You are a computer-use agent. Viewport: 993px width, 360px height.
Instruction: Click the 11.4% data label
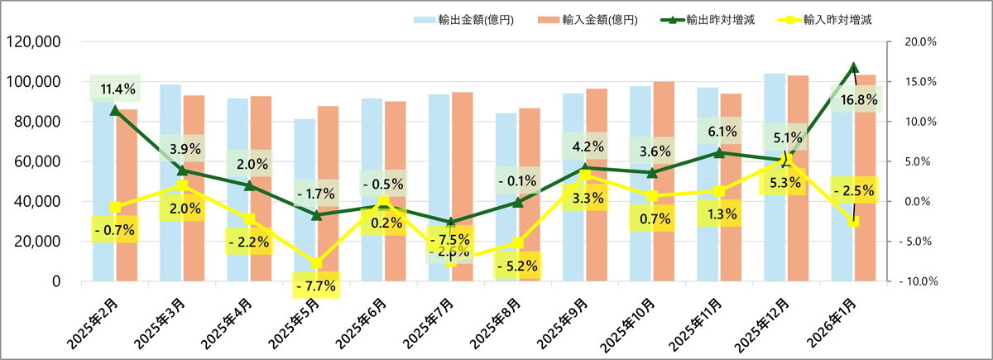pyautogui.click(x=114, y=89)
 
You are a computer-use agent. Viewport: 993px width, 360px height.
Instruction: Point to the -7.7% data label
pyautogui.click(x=316, y=286)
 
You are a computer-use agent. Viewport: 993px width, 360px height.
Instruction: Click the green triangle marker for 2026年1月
pyautogui.click(x=854, y=68)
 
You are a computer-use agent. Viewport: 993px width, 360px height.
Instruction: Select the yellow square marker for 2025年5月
pyautogui.click(x=316, y=264)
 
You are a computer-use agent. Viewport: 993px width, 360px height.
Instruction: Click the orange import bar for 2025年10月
pyautogui.click(x=664, y=182)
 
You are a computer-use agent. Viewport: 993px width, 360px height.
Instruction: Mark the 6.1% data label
pyautogui.click(x=718, y=131)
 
